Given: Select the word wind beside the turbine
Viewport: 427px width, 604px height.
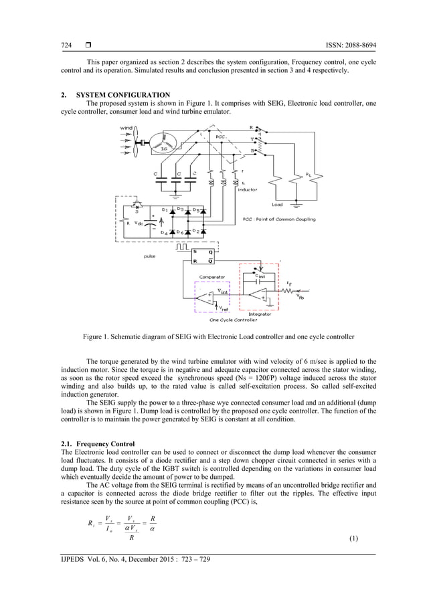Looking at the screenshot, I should coord(126,128).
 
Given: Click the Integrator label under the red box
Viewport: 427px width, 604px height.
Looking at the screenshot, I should coord(259,314).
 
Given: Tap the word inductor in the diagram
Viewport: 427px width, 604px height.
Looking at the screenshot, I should coord(247,189).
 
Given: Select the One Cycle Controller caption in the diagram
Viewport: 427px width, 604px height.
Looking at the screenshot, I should coord(234,320).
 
